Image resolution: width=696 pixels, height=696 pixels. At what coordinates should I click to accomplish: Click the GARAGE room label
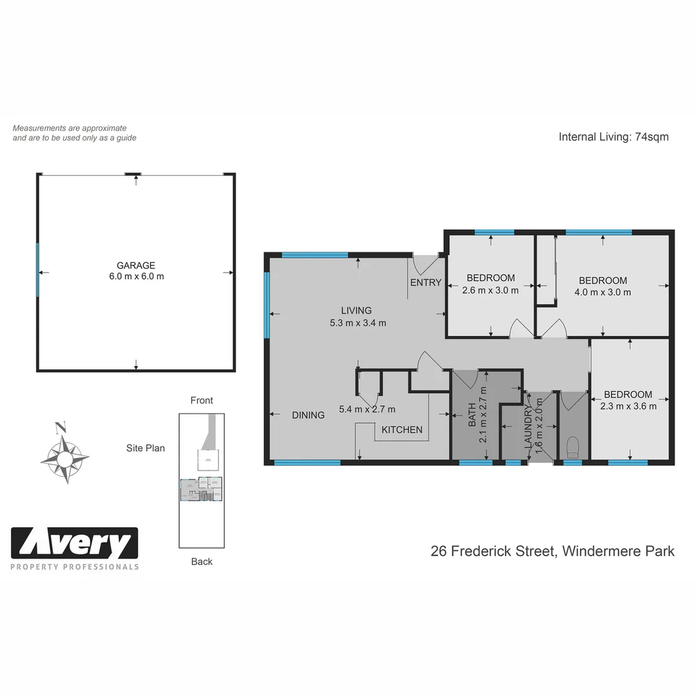135,266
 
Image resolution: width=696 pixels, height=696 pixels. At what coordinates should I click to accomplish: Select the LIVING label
356,311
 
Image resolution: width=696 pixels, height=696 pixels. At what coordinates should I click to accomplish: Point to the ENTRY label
425,282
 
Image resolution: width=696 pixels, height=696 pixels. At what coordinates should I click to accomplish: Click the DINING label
308,415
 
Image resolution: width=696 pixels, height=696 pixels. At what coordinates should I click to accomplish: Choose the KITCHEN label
402,430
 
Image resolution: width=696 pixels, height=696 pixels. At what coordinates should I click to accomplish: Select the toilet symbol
572,447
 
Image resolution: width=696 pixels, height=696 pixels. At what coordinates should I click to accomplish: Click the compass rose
64,458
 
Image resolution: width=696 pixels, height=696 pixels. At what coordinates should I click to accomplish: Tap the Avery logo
75,544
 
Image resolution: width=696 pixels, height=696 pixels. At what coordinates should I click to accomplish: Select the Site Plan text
146,448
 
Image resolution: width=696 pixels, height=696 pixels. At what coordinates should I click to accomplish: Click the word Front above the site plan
202,400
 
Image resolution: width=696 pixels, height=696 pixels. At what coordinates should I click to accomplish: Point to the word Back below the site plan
202,561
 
